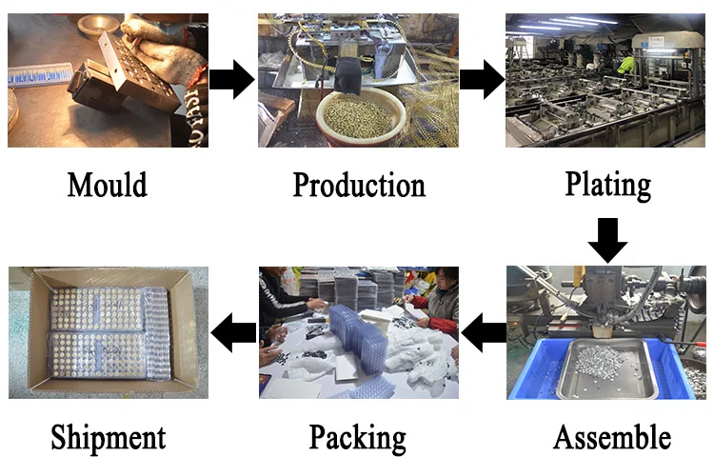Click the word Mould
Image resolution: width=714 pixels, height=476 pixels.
point(107,184)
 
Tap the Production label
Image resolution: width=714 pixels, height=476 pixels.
point(358,185)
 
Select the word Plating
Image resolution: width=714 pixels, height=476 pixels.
point(607,184)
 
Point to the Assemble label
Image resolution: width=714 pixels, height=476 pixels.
point(611,438)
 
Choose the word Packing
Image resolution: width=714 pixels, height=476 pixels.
point(357,439)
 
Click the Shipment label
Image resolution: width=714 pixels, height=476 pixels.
point(108,438)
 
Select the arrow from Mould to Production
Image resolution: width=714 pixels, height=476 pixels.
point(231,80)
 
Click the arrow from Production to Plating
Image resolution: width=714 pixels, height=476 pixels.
point(482,80)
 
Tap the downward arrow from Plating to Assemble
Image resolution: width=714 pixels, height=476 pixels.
point(607,239)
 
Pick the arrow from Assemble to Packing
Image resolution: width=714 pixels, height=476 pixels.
point(483,332)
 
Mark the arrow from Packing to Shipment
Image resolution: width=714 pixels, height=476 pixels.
point(232,332)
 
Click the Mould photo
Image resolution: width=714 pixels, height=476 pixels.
point(107,80)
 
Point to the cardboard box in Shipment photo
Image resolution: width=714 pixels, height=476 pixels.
point(107,332)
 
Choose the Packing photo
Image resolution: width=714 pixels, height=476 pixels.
point(358,332)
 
